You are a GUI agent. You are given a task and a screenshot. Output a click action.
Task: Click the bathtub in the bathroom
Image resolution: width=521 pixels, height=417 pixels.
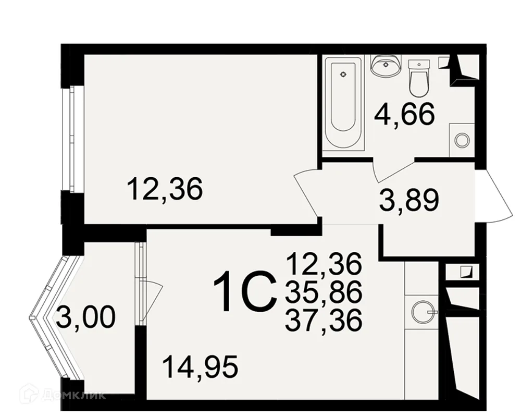point(343,104)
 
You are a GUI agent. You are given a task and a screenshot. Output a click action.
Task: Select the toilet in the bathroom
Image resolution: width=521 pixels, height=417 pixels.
point(419,78)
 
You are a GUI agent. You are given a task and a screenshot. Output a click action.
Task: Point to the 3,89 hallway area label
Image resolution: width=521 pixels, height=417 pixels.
point(409,201)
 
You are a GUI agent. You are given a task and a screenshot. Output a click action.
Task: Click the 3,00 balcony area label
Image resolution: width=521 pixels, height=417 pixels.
point(86,317)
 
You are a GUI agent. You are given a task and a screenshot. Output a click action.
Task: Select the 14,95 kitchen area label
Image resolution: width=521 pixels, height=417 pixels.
point(201,367)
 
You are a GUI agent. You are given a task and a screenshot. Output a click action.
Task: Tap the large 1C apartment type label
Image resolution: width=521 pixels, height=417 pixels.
point(245,291)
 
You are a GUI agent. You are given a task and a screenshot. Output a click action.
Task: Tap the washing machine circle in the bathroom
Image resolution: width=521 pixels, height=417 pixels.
point(462,140)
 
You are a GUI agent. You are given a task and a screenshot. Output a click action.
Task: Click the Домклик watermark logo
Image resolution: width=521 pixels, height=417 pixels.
point(64,395)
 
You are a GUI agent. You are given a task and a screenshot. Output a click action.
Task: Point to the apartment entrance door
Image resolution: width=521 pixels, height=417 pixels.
point(494,196)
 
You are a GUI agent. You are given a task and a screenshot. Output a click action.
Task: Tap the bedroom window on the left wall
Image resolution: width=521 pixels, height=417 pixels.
point(72,139)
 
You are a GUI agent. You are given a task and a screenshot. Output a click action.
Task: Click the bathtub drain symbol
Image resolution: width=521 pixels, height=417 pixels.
point(343,75)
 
